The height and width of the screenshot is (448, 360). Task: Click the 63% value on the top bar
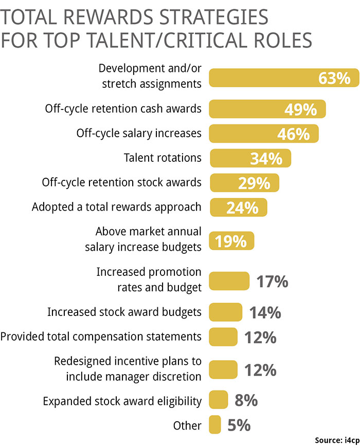pyautogui.click(x=334, y=79)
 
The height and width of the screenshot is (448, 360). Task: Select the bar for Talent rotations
pyautogui.click(x=250, y=158)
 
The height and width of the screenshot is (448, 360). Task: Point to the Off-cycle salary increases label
pyautogui.click(x=139, y=134)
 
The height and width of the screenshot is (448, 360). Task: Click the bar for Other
pyautogui.click(x=215, y=425)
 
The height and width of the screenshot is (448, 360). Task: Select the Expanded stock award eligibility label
pyautogui.click(x=122, y=401)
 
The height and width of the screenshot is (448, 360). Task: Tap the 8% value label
pyautogui.click(x=245, y=400)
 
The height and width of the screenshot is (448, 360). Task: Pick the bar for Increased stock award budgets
pyautogui.click(x=225, y=312)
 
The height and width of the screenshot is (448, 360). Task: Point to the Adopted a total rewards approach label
pyautogui.click(x=117, y=208)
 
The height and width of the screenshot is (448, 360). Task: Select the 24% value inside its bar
pyautogui.click(x=242, y=208)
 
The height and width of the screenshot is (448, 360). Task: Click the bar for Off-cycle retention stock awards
pyautogui.click(x=244, y=183)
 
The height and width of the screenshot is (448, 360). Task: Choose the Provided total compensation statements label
pyautogui.click(x=101, y=337)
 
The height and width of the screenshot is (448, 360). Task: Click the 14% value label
pyautogui.click(x=265, y=312)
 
